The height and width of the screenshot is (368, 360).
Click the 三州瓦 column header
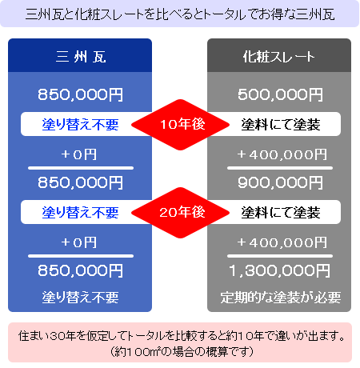(x=81, y=57)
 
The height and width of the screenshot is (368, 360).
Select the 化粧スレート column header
(x=279, y=57)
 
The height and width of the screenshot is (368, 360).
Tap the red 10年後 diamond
(x=181, y=125)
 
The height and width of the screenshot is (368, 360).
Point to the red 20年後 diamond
(x=181, y=213)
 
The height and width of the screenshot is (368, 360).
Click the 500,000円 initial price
(x=280, y=94)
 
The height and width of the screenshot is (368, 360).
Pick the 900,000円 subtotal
(x=280, y=182)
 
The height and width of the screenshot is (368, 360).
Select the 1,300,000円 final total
(x=279, y=270)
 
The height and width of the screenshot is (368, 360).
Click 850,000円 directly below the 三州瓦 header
(x=80, y=94)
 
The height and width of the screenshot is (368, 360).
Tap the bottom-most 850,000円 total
(x=80, y=270)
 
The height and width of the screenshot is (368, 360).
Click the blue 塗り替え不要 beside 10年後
(x=80, y=125)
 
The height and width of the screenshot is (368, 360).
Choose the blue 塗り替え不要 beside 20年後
(x=80, y=213)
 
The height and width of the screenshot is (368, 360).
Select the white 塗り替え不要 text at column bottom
(x=80, y=298)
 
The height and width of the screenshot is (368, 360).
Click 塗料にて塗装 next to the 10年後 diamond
(x=281, y=125)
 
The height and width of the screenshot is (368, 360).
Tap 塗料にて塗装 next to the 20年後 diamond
(x=281, y=213)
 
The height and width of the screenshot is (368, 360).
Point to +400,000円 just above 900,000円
(x=282, y=154)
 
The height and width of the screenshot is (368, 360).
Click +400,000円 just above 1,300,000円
(x=282, y=242)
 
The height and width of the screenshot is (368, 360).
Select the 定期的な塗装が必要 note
(x=281, y=298)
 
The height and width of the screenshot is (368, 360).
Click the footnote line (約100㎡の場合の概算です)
(x=182, y=352)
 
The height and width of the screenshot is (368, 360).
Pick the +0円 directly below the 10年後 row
(x=79, y=154)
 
